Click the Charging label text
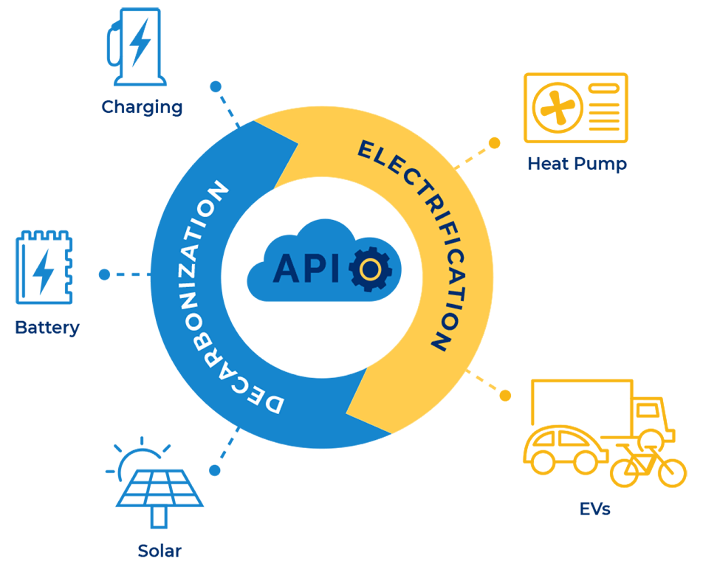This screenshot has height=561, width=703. [142, 107]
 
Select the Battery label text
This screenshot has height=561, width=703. [47, 327]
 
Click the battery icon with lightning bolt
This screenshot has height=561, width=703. [44, 268]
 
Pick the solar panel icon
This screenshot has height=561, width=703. [158, 491]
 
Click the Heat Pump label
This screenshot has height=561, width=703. [577, 164]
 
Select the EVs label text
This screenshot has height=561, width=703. [594, 509]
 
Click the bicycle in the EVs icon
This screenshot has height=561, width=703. [645, 465]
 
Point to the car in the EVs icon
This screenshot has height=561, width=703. [563, 448]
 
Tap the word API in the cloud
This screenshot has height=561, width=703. [306, 269]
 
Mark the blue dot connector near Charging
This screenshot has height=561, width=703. [215, 86]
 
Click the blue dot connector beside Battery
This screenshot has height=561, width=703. [104, 275]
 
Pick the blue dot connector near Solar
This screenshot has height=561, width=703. [215, 469]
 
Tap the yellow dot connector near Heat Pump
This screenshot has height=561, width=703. [495, 142]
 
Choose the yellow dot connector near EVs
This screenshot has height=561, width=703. [506, 395]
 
